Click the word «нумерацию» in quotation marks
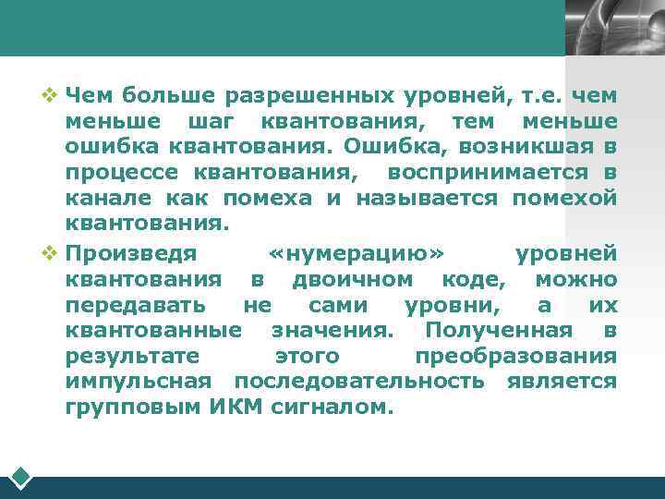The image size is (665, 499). [361, 253]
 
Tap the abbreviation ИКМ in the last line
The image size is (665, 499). [243, 408]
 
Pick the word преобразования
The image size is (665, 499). [515, 356]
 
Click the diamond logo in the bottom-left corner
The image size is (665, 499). [21, 478]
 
